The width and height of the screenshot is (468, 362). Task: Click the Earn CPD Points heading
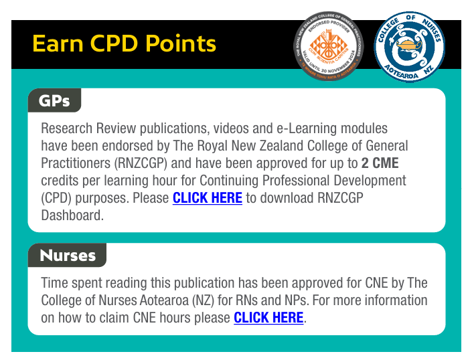click(124, 44)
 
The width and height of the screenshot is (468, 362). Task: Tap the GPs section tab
click(54, 101)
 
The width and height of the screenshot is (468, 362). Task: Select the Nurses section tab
click(68, 256)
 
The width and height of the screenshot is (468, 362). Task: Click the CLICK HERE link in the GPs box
click(207, 198)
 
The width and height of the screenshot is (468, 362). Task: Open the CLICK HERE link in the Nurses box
click(268, 318)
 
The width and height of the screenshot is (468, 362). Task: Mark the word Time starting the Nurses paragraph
click(56, 283)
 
